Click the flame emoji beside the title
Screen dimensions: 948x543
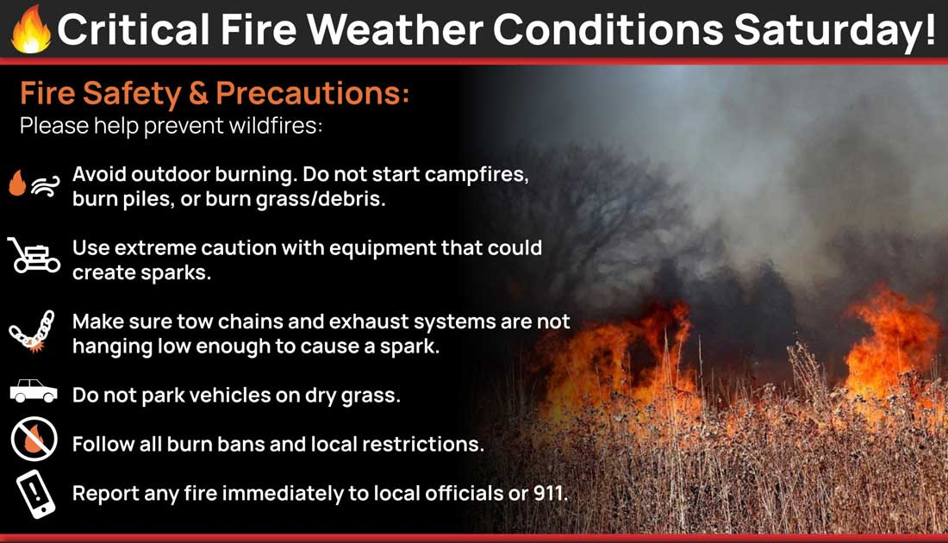(x=31, y=29)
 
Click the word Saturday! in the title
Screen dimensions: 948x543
(x=835, y=30)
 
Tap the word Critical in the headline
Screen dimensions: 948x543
(x=134, y=29)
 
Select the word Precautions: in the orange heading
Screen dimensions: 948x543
(x=313, y=93)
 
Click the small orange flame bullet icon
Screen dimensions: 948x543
(x=17, y=183)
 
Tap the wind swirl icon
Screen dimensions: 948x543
(x=46, y=186)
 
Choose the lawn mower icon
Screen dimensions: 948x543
(x=34, y=255)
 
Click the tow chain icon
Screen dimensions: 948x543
(x=31, y=332)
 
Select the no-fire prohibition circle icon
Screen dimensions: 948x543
(x=34, y=440)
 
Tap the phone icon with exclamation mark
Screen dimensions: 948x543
(x=35, y=494)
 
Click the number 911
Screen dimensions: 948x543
(x=550, y=493)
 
